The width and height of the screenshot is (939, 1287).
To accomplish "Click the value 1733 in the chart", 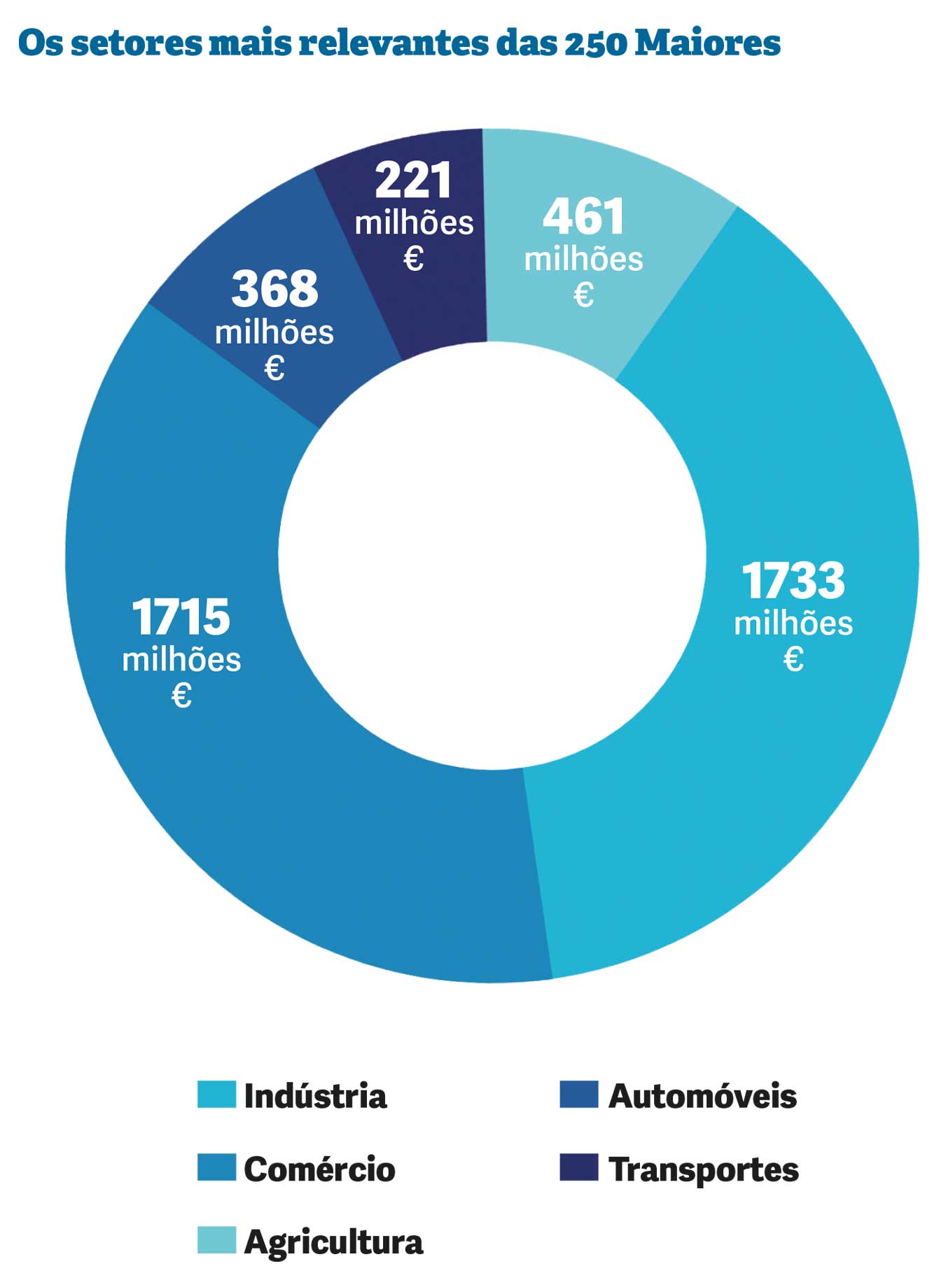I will [793, 581].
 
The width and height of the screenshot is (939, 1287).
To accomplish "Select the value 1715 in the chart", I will [181, 617].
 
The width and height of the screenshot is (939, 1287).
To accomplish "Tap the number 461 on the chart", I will [583, 216].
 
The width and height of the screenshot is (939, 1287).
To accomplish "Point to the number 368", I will [274, 288].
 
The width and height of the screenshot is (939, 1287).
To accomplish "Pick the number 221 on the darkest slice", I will [414, 181].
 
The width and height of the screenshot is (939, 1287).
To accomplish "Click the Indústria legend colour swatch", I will [216, 1095].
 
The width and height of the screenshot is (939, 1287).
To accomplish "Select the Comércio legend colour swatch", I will [216, 1168].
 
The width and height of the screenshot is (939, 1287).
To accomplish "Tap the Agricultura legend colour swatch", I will [216, 1240].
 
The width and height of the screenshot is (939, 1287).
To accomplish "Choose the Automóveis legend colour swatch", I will [579, 1095].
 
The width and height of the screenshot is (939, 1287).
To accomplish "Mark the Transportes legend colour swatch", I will [579, 1168].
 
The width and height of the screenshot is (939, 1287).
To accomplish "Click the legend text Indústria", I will [315, 1096].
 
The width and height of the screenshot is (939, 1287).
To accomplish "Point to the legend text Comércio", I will [319, 1169].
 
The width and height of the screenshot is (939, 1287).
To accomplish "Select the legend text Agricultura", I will [333, 1242].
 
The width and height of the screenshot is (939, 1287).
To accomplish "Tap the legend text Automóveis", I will [702, 1096].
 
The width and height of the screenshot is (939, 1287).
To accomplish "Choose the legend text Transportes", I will [703, 1169].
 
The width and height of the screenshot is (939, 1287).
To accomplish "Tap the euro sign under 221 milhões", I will [414, 259].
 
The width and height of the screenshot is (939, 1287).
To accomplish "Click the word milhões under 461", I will [583, 259].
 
